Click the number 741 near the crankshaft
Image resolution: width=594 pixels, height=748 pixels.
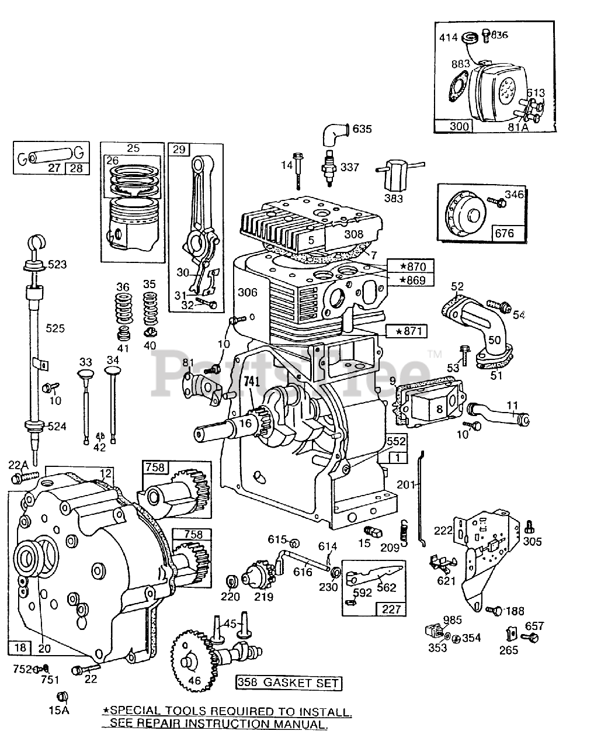pyautogui.click(x=252, y=380)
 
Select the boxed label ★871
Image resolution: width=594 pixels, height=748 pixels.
pyautogui.click(x=407, y=332)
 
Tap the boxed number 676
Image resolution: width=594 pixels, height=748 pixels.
pyautogui.click(x=505, y=233)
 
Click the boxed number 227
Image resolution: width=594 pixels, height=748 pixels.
pyautogui.click(x=391, y=609)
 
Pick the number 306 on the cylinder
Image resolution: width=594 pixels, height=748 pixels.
pyautogui.click(x=248, y=293)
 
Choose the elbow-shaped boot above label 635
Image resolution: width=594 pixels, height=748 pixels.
pyautogui.click(x=334, y=134)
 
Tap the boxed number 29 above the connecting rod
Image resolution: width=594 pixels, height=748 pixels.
pyautogui.click(x=179, y=150)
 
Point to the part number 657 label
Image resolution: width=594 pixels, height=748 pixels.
pyautogui.click(x=534, y=626)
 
